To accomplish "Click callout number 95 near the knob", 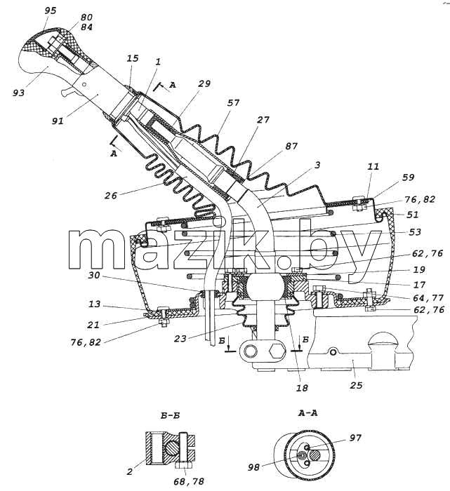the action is click(x=51, y=11).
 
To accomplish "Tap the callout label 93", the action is click(x=19, y=93).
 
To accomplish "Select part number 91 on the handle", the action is click(x=58, y=121).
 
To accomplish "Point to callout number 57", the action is click(x=234, y=103).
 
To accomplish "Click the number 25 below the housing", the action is click(x=357, y=385).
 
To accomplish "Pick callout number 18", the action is click(x=302, y=388).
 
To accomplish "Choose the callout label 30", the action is click(x=94, y=275).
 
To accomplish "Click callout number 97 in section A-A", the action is click(x=355, y=438).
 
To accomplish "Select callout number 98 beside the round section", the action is click(x=254, y=468).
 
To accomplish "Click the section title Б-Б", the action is click(x=170, y=416).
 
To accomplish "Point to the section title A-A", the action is click(x=307, y=413).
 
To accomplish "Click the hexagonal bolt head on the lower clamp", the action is click(x=277, y=351).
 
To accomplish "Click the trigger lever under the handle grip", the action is click(x=69, y=92).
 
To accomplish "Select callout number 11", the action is click(x=373, y=166).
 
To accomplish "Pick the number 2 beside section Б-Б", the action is click(x=130, y=472).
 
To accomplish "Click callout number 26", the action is click(x=111, y=196).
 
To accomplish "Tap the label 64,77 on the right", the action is click(x=428, y=297).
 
